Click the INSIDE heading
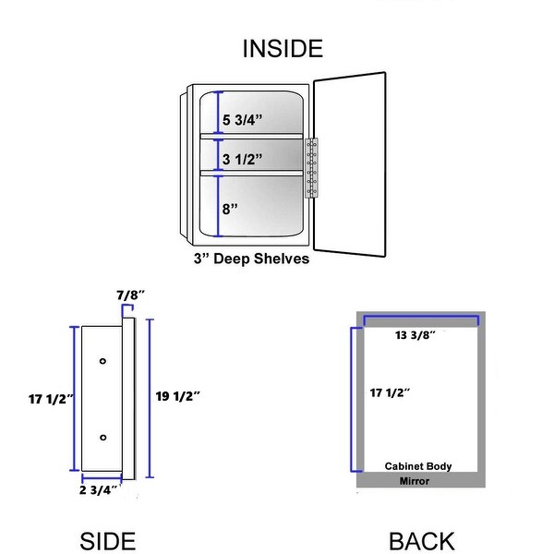point(283,49)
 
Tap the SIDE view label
point(108,541)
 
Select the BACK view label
point(421,541)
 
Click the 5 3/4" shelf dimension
point(243,119)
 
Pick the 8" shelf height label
point(230,209)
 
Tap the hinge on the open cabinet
point(311,167)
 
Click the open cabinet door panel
point(349,161)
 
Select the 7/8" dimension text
point(130,295)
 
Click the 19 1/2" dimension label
point(178,395)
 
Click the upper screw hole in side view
point(102,358)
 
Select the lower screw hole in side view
point(102,436)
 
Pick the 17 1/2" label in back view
point(390,392)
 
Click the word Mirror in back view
point(415,481)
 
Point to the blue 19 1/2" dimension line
point(150,397)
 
